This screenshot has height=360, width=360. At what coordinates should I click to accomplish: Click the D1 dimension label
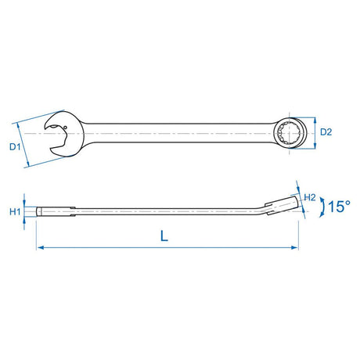(x=14, y=146)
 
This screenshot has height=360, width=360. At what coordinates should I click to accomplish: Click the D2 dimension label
(x=327, y=133)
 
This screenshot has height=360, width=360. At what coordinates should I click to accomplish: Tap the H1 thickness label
(x=15, y=211)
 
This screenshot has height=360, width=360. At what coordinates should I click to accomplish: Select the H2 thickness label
(x=309, y=196)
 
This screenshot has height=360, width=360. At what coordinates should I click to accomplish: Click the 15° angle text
(x=338, y=207)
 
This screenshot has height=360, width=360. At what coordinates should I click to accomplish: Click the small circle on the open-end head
(x=67, y=130)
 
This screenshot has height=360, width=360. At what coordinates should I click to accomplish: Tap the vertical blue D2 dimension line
(x=315, y=133)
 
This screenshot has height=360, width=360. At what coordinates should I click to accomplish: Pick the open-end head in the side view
(x=55, y=211)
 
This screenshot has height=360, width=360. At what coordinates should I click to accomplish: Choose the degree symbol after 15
(x=349, y=202)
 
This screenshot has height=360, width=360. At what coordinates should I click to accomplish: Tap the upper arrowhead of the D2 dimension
(x=315, y=120)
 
